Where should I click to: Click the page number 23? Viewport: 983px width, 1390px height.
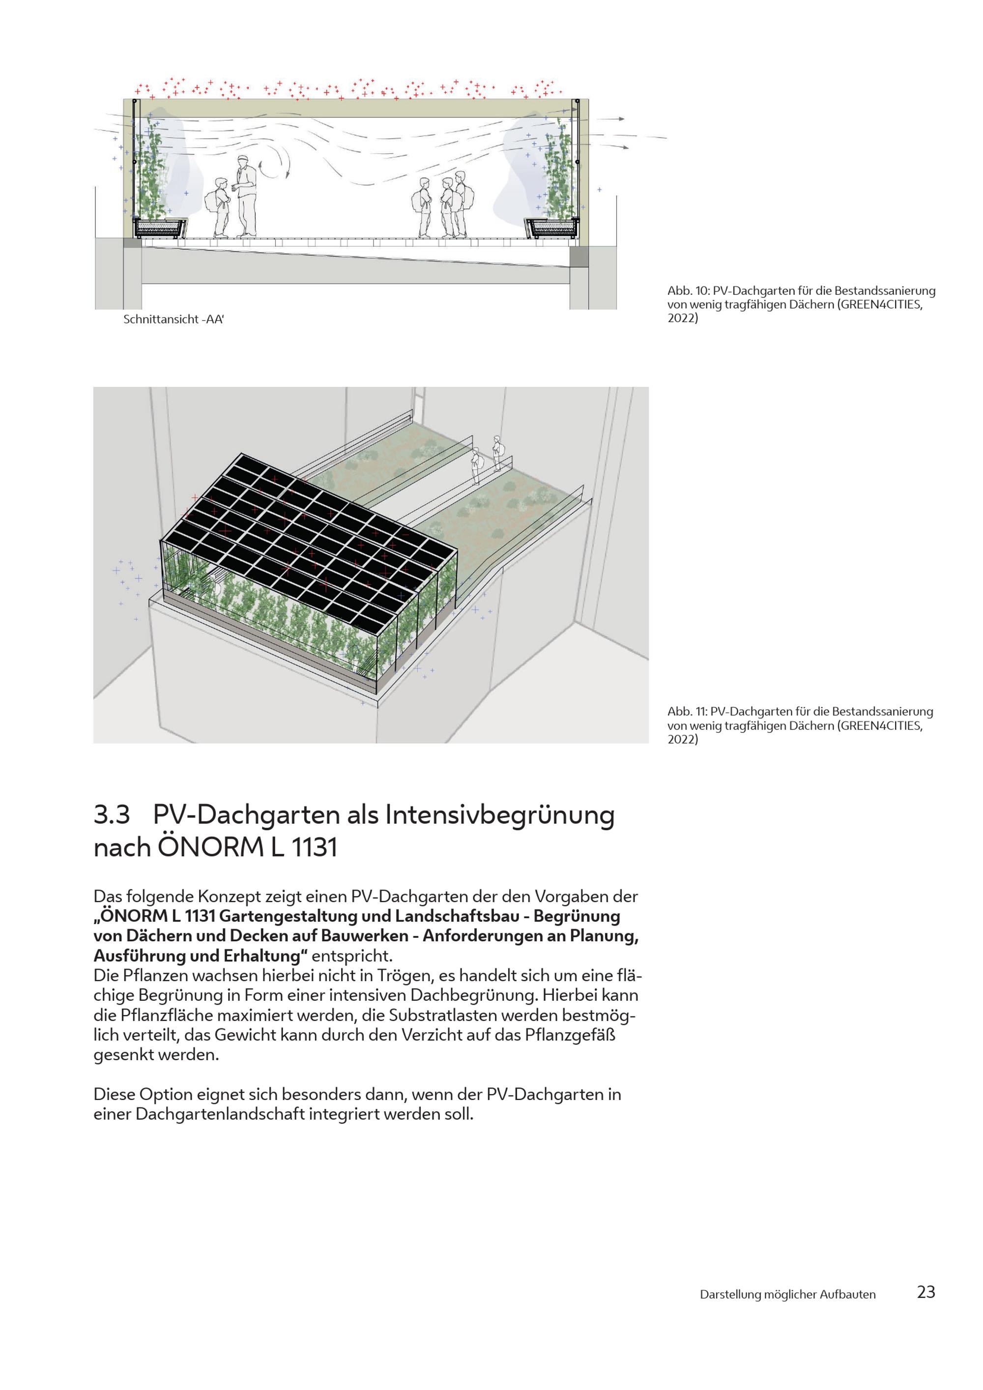coord(926,1292)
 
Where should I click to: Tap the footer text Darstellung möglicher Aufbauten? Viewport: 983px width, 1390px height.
coord(787,1294)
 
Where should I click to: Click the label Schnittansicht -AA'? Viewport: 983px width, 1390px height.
coord(173,319)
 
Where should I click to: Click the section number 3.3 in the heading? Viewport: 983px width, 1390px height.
coord(112,815)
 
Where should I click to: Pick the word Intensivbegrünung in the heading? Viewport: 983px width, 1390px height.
coord(499,816)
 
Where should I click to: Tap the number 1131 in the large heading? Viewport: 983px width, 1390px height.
coord(314,847)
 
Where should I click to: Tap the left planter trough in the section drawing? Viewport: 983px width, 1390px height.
coord(160,228)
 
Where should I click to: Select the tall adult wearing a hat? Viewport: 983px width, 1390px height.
coord(245,197)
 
